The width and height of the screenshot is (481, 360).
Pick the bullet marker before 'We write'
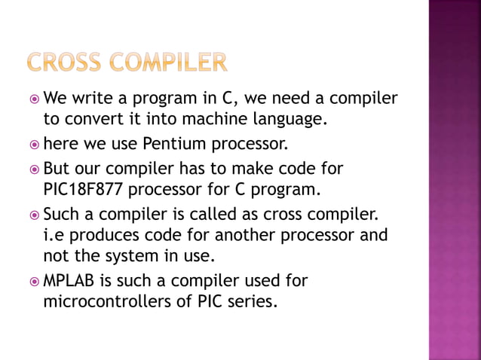pos(34,97)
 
